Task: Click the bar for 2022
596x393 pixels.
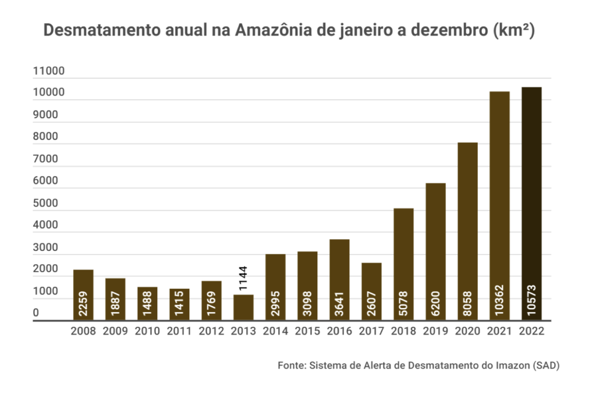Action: [x=531, y=204]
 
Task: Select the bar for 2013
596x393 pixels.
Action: [x=243, y=307]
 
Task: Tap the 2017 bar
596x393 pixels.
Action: [x=371, y=291]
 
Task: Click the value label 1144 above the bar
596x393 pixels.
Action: [x=243, y=279]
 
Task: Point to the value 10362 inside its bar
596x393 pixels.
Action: [x=499, y=300]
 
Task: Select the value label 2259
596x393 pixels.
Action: [x=83, y=303]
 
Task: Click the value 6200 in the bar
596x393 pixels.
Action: [x=435, y=303]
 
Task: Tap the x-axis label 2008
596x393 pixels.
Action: [x=83, y=331]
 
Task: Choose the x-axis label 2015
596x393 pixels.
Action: [x=307, y=331]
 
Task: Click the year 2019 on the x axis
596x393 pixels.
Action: [x=435, y=331]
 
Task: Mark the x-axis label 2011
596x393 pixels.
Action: [x=179, y=331]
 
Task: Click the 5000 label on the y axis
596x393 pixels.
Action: [x=45, y=204]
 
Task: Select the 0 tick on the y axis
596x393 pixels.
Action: [x=36, y=313]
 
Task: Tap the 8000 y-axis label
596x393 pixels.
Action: [x=45, y=137]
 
